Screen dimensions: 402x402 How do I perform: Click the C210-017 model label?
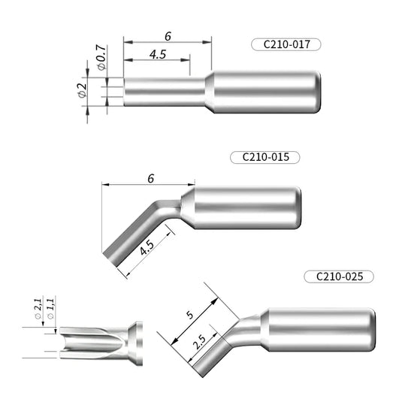tap(286, 44)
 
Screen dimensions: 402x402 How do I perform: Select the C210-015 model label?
tap(266, 158)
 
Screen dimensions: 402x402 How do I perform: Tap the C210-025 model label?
tap(339, 276)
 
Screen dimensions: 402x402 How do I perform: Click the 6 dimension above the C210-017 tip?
tap(167, 35)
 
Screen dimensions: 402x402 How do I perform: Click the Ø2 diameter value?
tap(82, 92)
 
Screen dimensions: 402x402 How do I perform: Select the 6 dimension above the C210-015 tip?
tap(151, 178)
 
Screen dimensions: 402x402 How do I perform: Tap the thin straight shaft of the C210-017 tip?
tap(162, 92)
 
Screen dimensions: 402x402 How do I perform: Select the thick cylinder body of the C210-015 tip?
tap(245, 210)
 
